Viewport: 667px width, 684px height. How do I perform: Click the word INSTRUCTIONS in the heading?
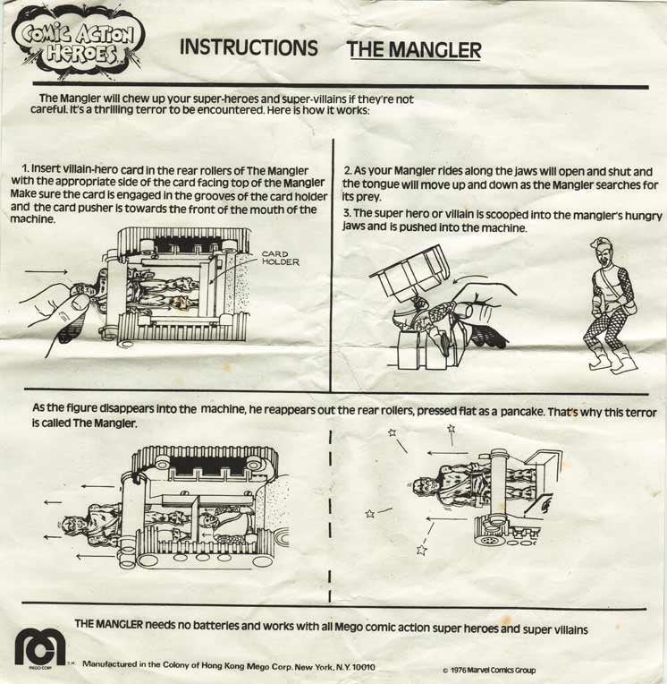click(249, 47)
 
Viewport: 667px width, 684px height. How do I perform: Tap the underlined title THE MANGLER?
click(414, 50)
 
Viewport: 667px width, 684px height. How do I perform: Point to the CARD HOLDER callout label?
click(281, 258)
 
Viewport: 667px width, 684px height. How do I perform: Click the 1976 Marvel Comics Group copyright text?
click(489, 670)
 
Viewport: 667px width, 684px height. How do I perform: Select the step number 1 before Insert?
click(25, 168)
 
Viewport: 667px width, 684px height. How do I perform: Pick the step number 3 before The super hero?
click(347, 213)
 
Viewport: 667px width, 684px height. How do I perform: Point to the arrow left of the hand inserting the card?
click(46, 272)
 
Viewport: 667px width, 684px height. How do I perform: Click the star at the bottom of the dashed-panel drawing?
click(421, 550)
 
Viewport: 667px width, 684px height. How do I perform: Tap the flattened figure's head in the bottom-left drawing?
click(75, 526)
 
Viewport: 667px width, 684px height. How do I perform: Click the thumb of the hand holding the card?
click(80, 303)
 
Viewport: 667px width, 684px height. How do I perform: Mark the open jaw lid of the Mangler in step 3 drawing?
click(409, 269)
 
